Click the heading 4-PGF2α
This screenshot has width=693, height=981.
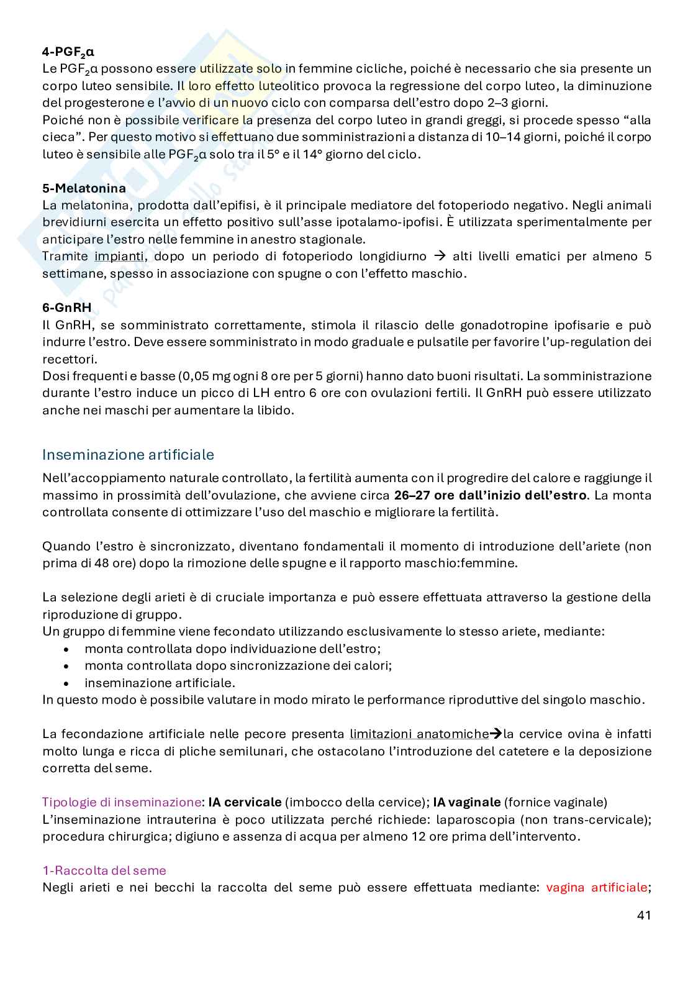pyautogui.click(x=68, y=52)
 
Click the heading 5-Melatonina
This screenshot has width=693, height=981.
pyautogui.click(x=84, y=188)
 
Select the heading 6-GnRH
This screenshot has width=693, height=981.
pyautogui.click(x=66, y=307)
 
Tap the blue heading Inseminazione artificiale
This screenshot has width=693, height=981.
pyautogui.click(x=128, y=455)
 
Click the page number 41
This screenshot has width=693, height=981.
pyautogui.click(x=644, y=915)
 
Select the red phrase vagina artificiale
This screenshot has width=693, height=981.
pyautogui.click(x=597, y=887)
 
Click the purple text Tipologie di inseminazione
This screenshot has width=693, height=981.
pyautogui.click(x=121, y=802)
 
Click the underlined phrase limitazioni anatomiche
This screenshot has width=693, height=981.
pyautogui.click(x=419, y=734)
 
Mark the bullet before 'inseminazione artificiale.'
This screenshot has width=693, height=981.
pyautogui.click(x=66, y=683)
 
